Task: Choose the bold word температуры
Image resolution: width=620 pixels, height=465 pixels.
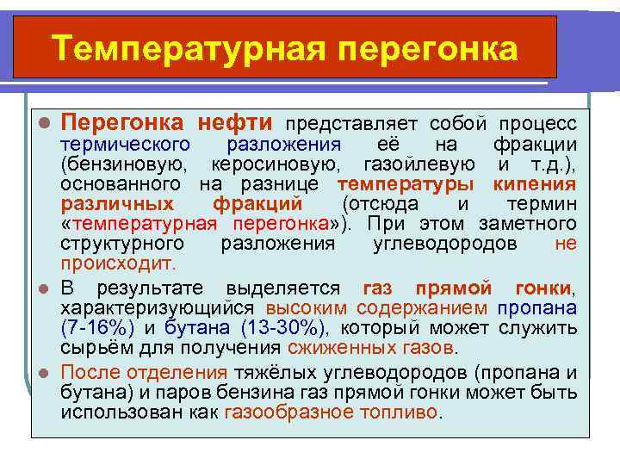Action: click(x=405, y=184)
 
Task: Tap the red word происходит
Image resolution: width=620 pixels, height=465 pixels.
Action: click(x=117, y=263)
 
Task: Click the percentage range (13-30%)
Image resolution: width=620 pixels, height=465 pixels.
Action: click(x=281, y=327)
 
